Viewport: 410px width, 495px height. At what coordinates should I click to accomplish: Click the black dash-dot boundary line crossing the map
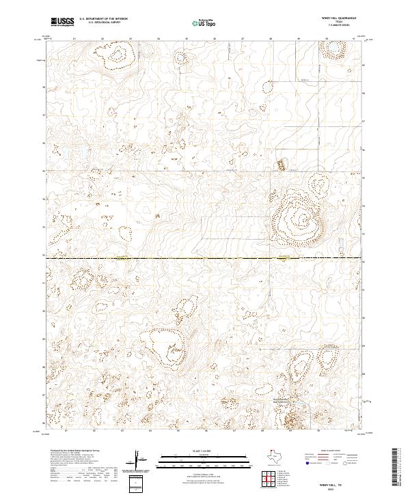coord(205,259)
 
